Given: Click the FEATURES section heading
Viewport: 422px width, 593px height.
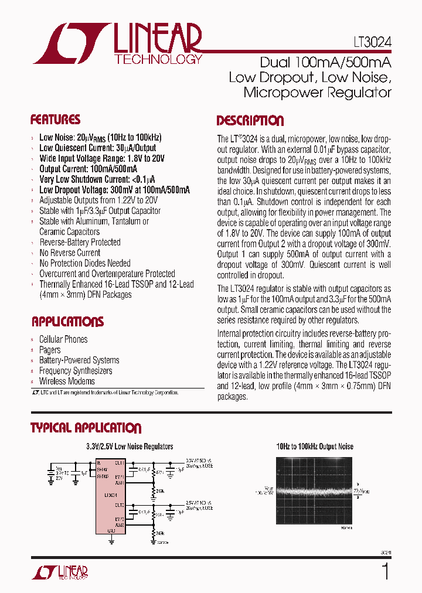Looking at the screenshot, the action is click(x=55, y=120).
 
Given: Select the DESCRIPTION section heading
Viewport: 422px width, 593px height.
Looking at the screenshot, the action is click(x=250, y=121).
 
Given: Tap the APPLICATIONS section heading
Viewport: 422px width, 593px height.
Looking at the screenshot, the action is click(x=67, y=322).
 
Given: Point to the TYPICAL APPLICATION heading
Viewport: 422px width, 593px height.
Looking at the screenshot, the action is click(x=86, y=428).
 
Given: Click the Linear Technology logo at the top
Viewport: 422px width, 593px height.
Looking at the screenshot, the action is click(x=117, y=44).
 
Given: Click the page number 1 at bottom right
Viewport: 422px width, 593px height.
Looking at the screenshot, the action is click(x=385, y=571).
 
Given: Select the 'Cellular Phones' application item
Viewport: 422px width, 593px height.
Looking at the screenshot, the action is click(x=63, y=339).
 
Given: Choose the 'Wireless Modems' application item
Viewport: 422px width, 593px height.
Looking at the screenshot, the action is click(x=67, y=381).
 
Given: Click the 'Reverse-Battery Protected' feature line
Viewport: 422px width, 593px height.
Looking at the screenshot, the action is click(x=80, y=242).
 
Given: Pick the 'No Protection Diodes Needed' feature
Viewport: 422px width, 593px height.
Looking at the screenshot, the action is click(x=85, y=263).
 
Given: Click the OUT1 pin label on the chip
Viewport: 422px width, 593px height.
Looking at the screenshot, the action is click(x=119, y=463).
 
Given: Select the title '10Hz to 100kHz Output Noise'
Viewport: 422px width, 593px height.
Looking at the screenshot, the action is click(x=315, y=447).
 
